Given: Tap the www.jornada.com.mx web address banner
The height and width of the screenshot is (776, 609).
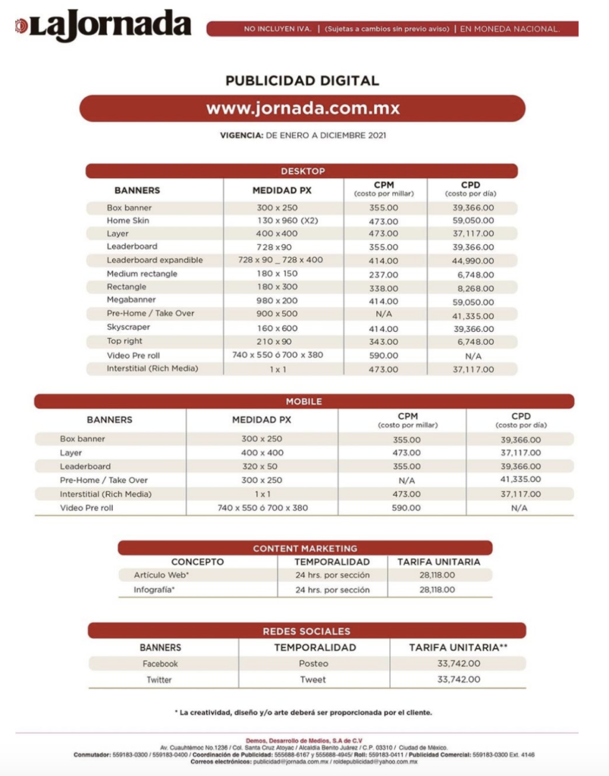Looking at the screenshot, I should (303, 108).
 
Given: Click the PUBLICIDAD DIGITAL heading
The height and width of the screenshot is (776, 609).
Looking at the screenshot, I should (302, 80).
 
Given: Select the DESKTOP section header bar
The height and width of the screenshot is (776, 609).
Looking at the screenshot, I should (302, 171).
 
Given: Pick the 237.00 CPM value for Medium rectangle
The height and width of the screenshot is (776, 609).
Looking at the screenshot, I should (383, 274).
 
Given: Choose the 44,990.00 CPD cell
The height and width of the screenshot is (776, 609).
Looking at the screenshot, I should (472, 261).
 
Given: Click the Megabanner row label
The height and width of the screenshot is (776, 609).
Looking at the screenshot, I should (131, 300).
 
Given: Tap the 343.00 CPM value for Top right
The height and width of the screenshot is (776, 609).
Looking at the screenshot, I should (383, 341).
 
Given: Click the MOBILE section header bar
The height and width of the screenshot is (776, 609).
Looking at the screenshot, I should (303, 402).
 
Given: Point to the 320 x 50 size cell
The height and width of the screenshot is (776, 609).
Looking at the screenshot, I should (262, 466).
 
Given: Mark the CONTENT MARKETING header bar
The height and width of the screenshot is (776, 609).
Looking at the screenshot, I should (305, 548).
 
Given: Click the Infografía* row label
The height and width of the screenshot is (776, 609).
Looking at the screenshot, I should (155, 590).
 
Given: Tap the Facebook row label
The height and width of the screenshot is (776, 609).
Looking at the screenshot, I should (160, 664).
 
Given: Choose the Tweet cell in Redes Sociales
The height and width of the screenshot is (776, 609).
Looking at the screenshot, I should (313, 680).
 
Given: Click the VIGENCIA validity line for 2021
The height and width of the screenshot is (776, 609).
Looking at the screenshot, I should (303, 136).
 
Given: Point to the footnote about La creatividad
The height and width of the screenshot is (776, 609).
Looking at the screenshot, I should (303, 712).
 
